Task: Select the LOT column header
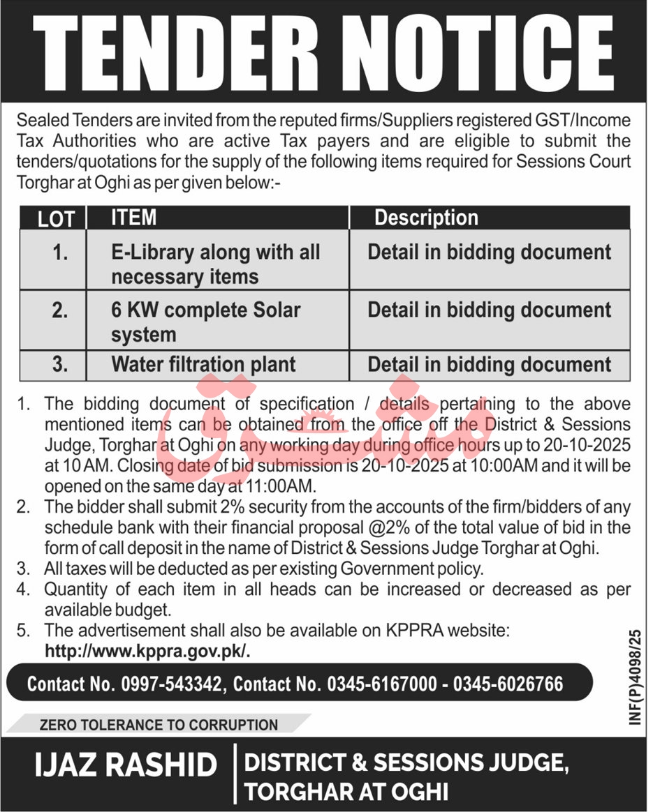coord(56,218)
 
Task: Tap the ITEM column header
coord(133,218)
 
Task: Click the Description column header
coord(426,218)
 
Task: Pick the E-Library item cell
coord(215,264)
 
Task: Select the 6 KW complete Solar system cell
coord(205,322)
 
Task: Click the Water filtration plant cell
coord(203,364)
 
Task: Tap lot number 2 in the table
coord(60,311)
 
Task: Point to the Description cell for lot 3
coord(489,364)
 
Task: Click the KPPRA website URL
coord(147,650)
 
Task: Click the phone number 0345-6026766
coord(508,683)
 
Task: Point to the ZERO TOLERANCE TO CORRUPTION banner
coord(159,725)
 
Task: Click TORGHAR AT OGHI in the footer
coord(346,792)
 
